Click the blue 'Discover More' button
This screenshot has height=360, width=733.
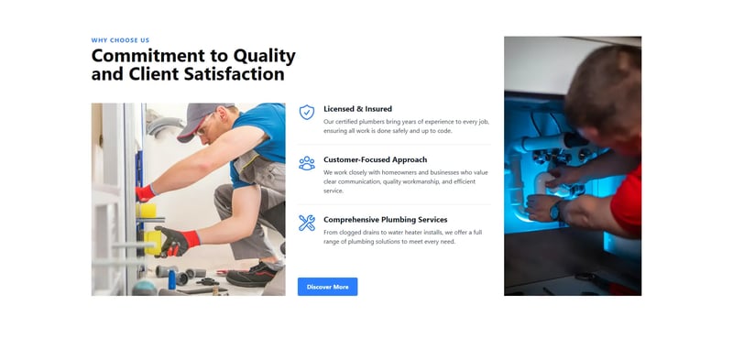point(327,287)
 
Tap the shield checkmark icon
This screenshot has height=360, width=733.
point(307,113)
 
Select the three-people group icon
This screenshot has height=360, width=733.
point(307,163)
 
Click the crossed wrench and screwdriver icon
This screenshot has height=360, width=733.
point(307,223)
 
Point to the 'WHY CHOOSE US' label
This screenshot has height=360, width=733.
point(120,40)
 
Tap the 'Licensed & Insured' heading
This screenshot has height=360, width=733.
point(357,109)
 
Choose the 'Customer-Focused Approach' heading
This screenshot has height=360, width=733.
point(375,159)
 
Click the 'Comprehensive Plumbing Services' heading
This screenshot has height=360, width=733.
point(385,220)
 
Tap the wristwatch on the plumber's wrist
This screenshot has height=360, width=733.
point(555,210)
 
